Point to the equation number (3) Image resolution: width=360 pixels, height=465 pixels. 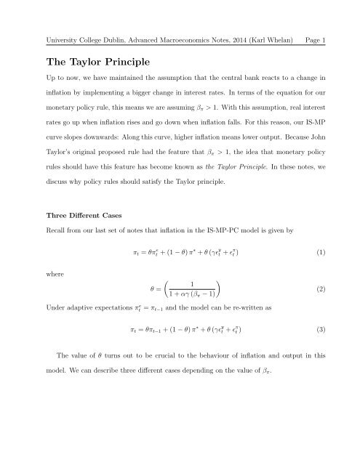point(328,332)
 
